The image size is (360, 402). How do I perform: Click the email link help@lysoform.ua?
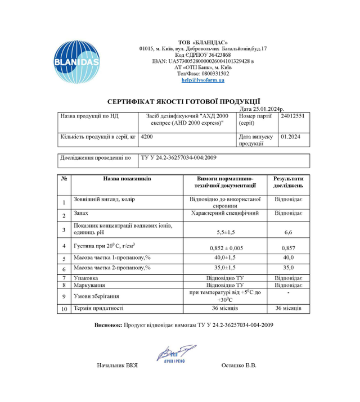click(202, 80)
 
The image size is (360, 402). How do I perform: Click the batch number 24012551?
click(292, 116)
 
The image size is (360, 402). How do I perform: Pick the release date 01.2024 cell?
click(291, 137)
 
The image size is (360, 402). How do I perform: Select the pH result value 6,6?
click(289, 232)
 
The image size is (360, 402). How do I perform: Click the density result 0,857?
click(289, 247)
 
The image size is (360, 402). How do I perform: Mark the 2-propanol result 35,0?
click(289, 269)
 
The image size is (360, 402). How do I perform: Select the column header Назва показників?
click(127, 178)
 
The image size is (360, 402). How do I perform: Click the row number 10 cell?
click(64, 309)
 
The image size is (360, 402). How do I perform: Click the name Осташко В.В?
click(240, 366)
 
